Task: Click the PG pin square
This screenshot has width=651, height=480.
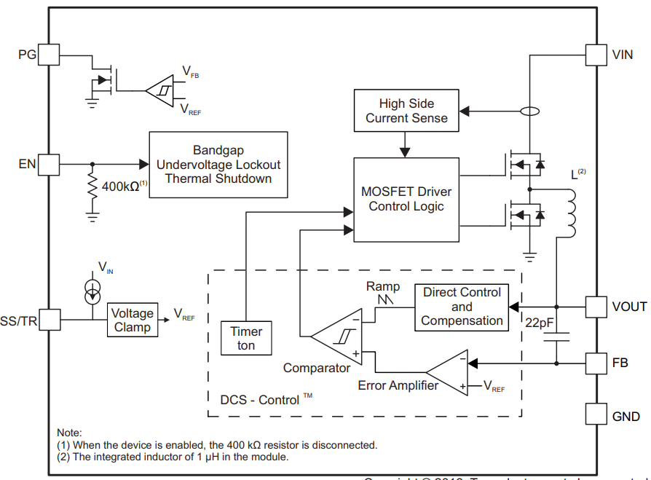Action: [48, 54]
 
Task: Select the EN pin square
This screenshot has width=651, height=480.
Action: [48, 165]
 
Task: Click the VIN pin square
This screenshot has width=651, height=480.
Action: [596, 54]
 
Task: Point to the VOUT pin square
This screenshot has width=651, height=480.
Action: [596, 307]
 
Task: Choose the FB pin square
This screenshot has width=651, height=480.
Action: [596, 362]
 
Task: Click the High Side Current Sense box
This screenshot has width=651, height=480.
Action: [406, 111]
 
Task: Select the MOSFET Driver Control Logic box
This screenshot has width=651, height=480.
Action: [406, 200]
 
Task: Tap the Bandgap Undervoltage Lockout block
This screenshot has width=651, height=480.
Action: [218, 165]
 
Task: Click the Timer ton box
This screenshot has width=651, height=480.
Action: [246, 338]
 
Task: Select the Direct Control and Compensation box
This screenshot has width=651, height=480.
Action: [462, 307]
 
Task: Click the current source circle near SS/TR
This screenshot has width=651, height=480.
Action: [92, 291]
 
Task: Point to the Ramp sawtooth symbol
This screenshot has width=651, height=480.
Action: [383, 299]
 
